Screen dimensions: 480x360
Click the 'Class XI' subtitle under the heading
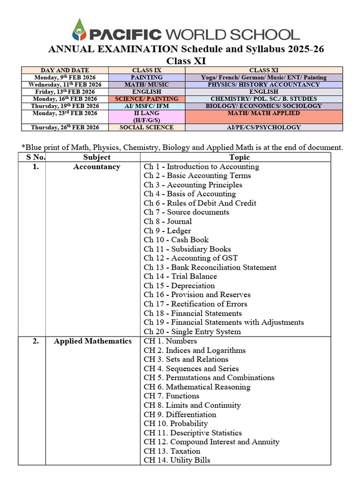[186, 61]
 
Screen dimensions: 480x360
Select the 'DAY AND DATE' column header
[65, 70]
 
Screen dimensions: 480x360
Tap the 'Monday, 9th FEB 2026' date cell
[65, 77]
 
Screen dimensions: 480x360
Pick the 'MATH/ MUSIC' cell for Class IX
[147, 84]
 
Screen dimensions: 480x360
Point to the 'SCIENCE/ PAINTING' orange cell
[147, 99]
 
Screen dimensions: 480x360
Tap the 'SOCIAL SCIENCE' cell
[147, 127]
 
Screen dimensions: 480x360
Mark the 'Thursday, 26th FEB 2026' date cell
[65, 127]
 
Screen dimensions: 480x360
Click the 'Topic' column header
[240, 157]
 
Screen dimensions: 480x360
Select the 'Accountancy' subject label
[97, 167]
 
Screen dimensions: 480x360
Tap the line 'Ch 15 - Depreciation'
[179, 285]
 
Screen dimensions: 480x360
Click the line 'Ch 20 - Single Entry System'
[192, 331]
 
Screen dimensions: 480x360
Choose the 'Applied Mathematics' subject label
[93, 341]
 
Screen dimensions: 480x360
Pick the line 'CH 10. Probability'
[176, 424]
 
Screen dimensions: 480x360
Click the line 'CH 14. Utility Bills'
[177, 460]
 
